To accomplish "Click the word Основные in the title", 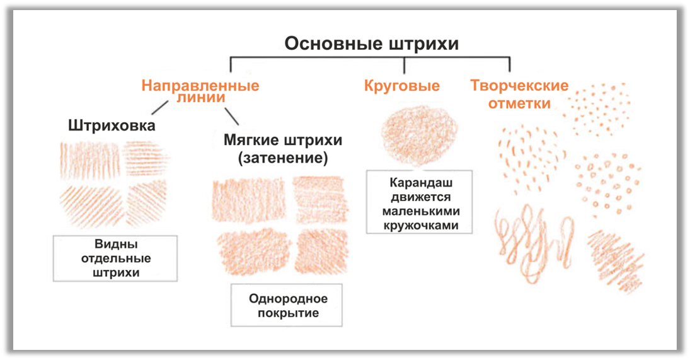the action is coord(333,44).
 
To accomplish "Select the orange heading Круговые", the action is coord(402,86).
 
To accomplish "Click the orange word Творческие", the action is coord(519,86).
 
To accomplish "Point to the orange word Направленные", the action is coord(200,86).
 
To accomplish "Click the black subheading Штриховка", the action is coord(112,126).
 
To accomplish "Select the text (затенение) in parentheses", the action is coord(283,158).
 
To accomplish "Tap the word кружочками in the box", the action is coord(420,225).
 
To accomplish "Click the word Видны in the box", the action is coord(116,244).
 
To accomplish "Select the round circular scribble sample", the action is coord(413,134).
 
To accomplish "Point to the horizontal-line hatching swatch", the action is coord(146,158).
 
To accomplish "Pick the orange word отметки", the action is coord(519,103).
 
